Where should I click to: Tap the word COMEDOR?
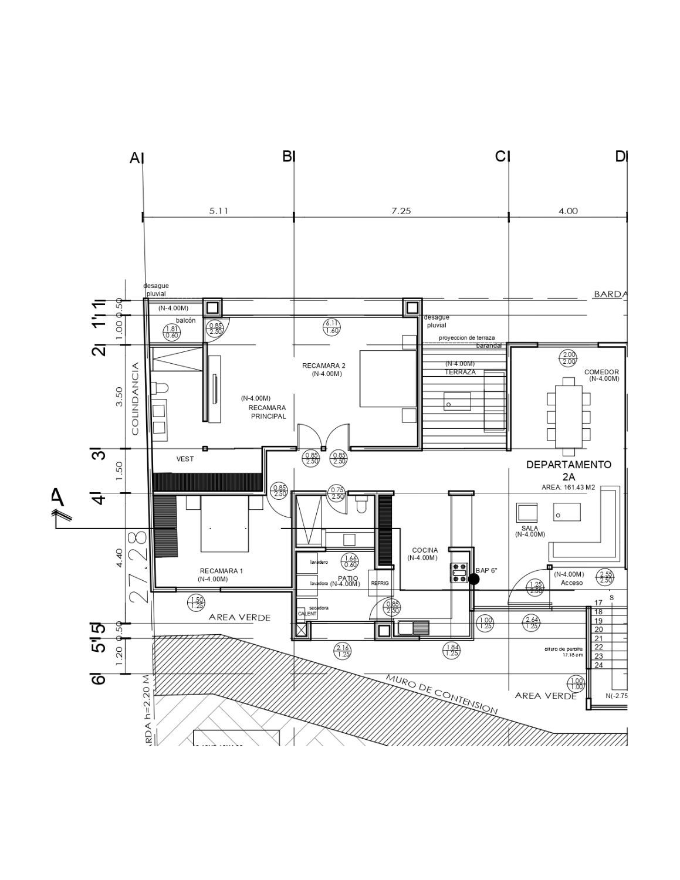coord(601,372)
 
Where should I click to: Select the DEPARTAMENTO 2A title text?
coord(568,471)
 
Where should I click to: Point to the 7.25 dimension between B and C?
coord(401,211)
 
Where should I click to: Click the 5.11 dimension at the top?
coord(218,211)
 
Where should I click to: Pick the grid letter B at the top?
coord(287,156)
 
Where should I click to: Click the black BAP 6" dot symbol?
coord(474,579)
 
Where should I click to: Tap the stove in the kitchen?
coord(459,573)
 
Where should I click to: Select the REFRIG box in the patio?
coord(376,583)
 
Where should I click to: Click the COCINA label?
coord(425,550)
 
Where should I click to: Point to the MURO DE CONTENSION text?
coord(441,694)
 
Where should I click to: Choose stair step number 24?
coord(598,665)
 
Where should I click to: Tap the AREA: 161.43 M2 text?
coord(568,488)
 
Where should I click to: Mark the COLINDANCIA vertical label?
coord(136,399)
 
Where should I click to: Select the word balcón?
coord(185,320)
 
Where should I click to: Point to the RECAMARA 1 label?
coord(221,571)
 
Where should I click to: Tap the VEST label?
coord(185,459)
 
